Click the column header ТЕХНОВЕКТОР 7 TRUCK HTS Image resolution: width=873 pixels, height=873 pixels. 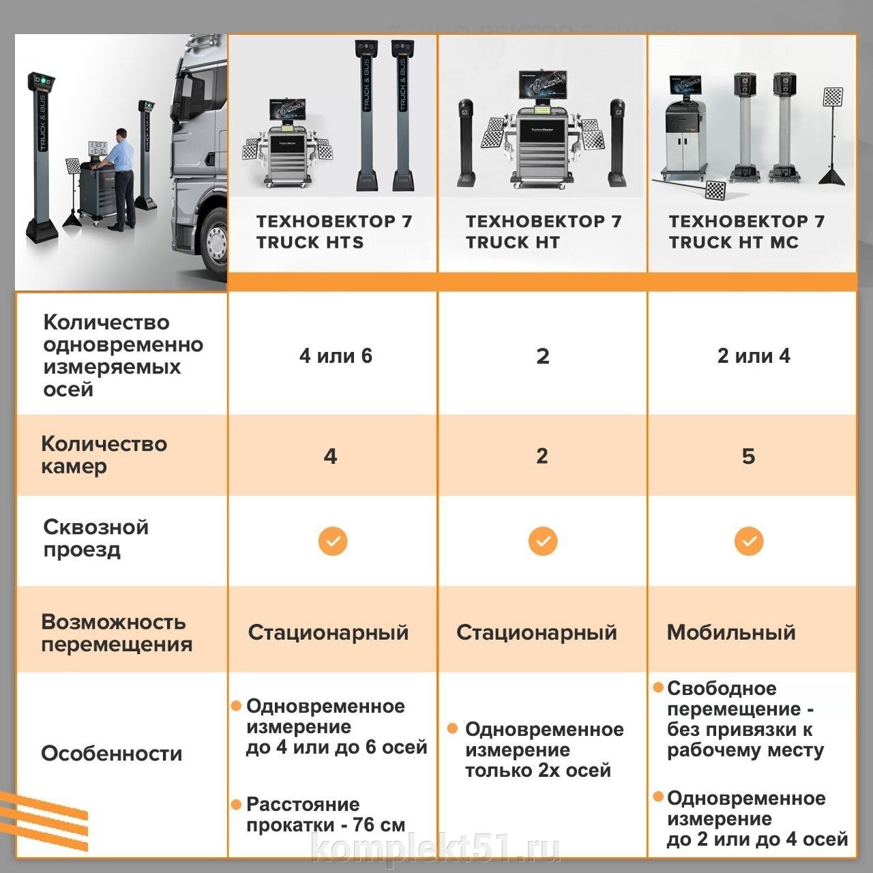point(334,231)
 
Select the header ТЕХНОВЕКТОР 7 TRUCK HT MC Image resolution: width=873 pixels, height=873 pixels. point(747,231)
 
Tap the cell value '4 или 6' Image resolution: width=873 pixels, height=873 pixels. point(336,355)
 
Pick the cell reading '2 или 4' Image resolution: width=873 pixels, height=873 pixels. point(754,355)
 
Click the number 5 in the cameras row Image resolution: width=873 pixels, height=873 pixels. point(748,456)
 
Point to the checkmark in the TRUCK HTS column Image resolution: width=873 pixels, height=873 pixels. point(333,541)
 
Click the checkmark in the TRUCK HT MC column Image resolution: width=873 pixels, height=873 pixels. point(749,541)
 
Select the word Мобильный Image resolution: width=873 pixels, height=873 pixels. point(731,632)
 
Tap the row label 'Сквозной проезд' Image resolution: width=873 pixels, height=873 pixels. point(96,538)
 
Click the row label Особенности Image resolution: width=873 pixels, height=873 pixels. point(111,754)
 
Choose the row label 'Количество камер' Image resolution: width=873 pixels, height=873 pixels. point(104,455)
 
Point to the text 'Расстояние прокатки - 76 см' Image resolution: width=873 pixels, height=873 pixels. point(326,814)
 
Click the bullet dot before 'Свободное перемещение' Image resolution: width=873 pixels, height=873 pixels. point(658,687)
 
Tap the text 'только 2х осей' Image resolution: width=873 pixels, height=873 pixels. point(538,770)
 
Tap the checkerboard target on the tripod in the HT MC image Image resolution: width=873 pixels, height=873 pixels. point(833,98)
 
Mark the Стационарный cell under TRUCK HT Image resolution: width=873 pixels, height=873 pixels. point(536,632)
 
